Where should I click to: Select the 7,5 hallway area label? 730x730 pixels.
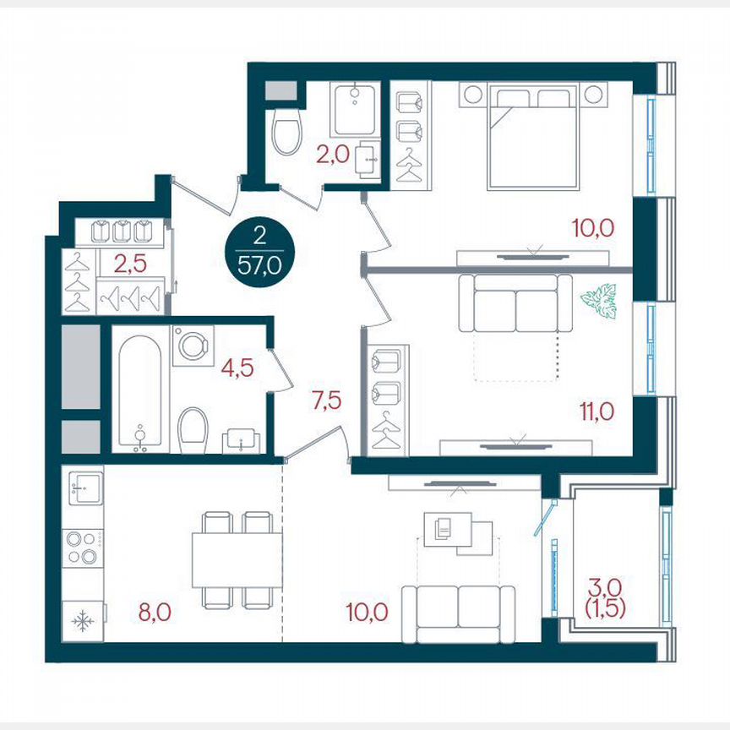(x=326, y=400)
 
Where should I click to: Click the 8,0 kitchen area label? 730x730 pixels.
(x=155, y=611)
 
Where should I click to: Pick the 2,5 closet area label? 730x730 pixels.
(x=130, y=262)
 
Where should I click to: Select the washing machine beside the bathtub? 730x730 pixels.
(x=193, y=346)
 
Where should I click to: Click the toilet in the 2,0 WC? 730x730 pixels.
(x=287, y=133)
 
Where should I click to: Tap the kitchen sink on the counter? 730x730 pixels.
(x=85, y=486)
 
